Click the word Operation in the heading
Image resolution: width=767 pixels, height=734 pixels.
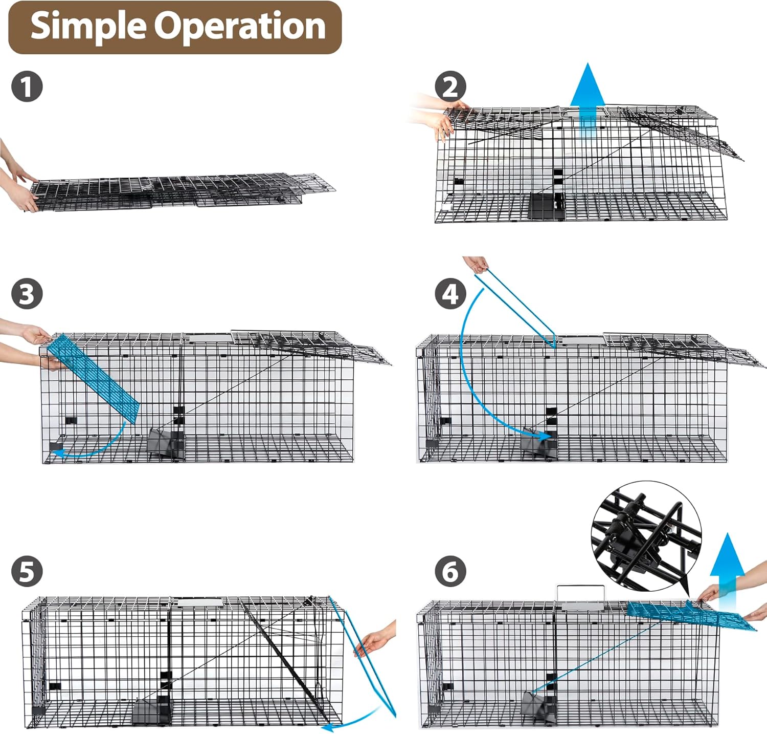(x=240, y=27)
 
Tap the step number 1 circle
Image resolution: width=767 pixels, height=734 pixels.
(x=27, y=87)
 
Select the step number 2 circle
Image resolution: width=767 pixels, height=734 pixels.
(x=450, y=87)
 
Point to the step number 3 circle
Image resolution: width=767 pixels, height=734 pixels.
(x=27, y=294)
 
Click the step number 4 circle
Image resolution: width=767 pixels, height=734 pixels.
(x=450, y=294)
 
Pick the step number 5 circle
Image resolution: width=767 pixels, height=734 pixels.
(x=27, y=571)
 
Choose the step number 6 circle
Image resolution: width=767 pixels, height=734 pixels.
(x=450, y=571)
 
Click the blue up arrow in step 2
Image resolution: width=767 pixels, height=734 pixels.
(x=588, y=100)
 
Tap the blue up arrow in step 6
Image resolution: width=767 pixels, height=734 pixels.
(x=728, y=563)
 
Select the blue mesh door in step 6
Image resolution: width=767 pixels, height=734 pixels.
(x=690, y=616)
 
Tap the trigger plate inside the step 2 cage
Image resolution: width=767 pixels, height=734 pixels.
(x=546, y=206)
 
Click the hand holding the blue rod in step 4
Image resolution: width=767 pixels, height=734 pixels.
(x=476, y=264)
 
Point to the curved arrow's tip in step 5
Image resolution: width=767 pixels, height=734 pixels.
(x=325, y=726)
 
